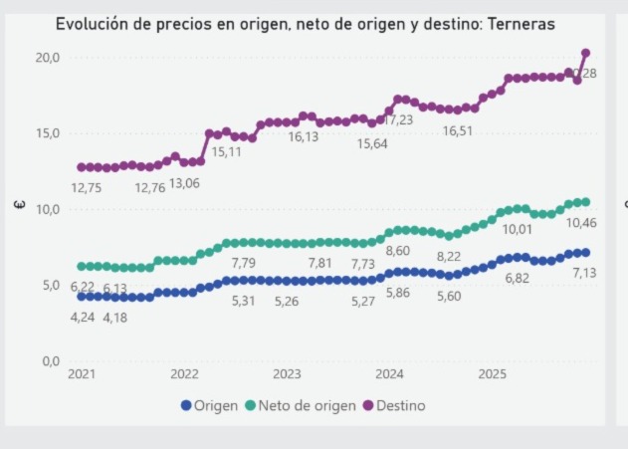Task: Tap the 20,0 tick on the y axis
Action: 48,58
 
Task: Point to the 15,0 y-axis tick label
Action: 48,133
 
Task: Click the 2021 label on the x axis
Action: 81,375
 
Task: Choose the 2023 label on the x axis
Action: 287,375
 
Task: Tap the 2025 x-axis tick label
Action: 493,375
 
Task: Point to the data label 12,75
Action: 87,188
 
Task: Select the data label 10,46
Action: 581,223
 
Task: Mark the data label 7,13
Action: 584,273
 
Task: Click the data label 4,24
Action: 83,317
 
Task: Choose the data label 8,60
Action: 397,251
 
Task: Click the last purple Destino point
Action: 585,53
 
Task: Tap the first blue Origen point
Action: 82,296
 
